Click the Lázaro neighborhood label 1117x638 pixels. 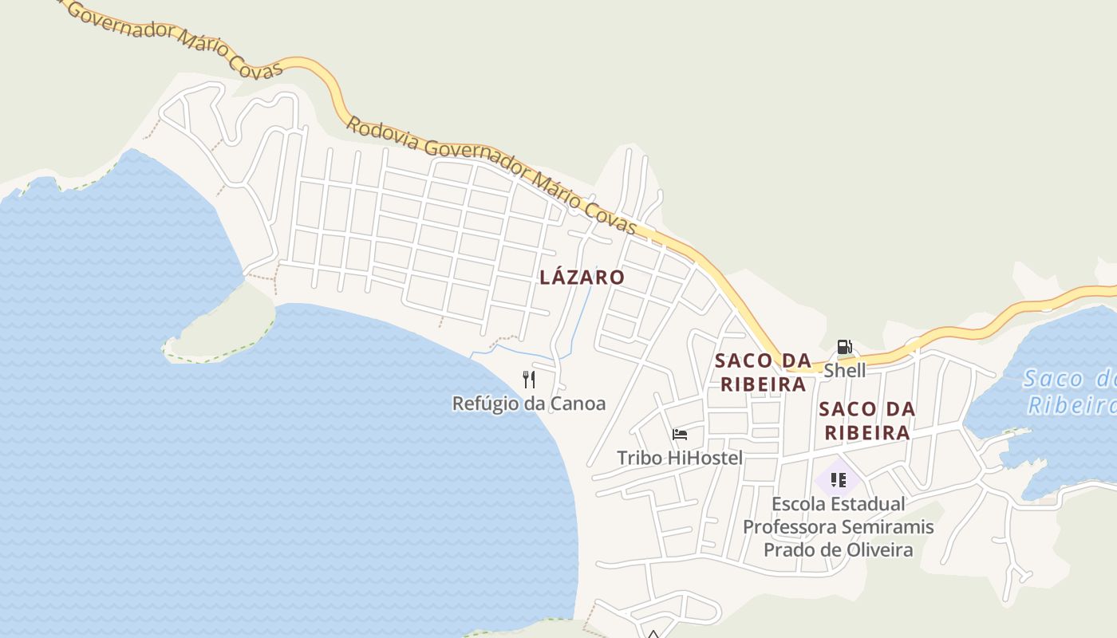tap(582, 278)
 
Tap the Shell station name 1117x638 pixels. tap(844, 371)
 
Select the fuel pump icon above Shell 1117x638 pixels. tap(844, 347)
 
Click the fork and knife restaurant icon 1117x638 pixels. tap(528, 379)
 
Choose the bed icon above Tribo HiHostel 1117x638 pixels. tap(680, 434)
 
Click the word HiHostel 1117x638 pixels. tap(705, 458)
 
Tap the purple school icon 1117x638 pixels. tap(838, 479)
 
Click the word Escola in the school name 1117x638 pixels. tap(798, 504)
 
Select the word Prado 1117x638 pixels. tap(787, 550)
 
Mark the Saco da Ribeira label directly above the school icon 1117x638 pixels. tap(866, 420)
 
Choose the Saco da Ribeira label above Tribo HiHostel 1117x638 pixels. tap(763, 372)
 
